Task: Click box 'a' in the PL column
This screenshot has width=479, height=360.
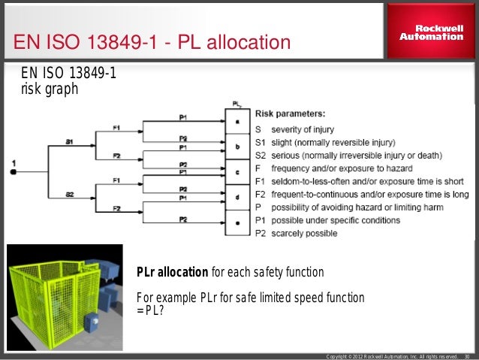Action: pos(236,120)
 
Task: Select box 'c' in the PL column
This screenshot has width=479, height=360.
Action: pos(236,171)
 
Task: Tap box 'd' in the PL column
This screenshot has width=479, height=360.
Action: pos(236,197)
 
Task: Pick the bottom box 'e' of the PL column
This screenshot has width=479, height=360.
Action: pos(236,223)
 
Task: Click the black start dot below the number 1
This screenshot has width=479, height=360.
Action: pos(14,172)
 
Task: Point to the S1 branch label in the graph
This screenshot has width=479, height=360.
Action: pos(68,141)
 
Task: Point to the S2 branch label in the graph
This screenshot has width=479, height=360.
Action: pos(68,194)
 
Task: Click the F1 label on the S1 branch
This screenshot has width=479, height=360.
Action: pos(116,127)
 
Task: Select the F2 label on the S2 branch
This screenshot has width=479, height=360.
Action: pos(116,208)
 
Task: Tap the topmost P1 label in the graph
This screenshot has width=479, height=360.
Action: pos(183,116)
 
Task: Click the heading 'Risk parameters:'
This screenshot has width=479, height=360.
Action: pos(290,114)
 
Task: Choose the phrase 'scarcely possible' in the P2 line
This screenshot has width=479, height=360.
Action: pos(304,234)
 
